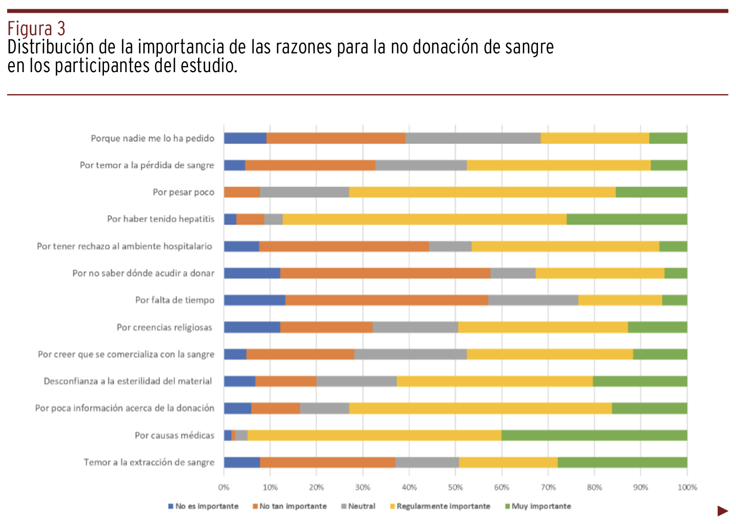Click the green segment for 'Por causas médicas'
coord(594,435)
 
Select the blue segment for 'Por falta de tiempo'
coord(254,300)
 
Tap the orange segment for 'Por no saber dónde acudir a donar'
coord(385,273)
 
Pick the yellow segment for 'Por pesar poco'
coord(482,192)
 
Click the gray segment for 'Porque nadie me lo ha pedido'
coord(473,138)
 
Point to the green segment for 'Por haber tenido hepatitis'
coord(627,219)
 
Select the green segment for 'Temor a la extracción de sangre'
coord(622,462)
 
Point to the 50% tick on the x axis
coord(455,487)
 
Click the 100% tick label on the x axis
coord(687,487)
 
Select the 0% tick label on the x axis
coord(224,487)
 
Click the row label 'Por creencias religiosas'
coord(164,327)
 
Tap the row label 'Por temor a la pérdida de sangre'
coord(147,165)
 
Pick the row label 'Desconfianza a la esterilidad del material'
coord(128,381)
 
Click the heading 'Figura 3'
coord(36,29)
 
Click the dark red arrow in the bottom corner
coord(722,511)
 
